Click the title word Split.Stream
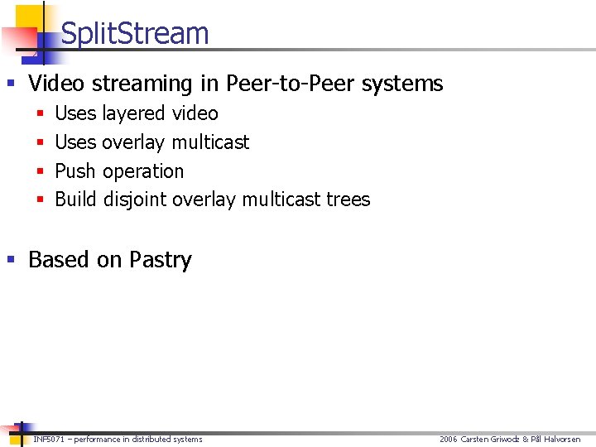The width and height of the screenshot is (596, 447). pos(135,34)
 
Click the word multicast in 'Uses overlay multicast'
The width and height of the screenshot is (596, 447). pos(210,142)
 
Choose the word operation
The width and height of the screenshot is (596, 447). pos(143,171)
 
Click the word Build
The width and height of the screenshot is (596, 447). pos(75,199)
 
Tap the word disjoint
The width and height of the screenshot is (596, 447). pos(135,199)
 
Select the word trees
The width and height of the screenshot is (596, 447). pos(348,199)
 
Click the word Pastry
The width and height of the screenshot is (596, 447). pos(160,260)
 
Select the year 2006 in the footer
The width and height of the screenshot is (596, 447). pos(448,440)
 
